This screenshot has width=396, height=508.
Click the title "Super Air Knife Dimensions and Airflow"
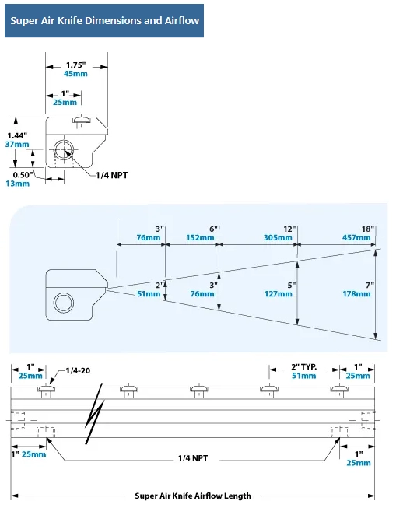point(105,21)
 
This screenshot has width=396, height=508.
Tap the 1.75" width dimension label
point(76,65)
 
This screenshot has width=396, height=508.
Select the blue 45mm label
point(75,74)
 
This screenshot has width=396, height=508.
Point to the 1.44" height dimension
point(17,135)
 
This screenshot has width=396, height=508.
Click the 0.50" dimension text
point(23,175)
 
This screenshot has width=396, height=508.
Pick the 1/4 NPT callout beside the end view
point(112,175)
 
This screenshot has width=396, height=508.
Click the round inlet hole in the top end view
point(64,150)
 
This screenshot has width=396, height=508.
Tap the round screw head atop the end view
point(82,119)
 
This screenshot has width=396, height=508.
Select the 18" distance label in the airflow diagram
point(368,229)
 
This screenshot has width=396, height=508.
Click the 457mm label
point(356,238)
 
